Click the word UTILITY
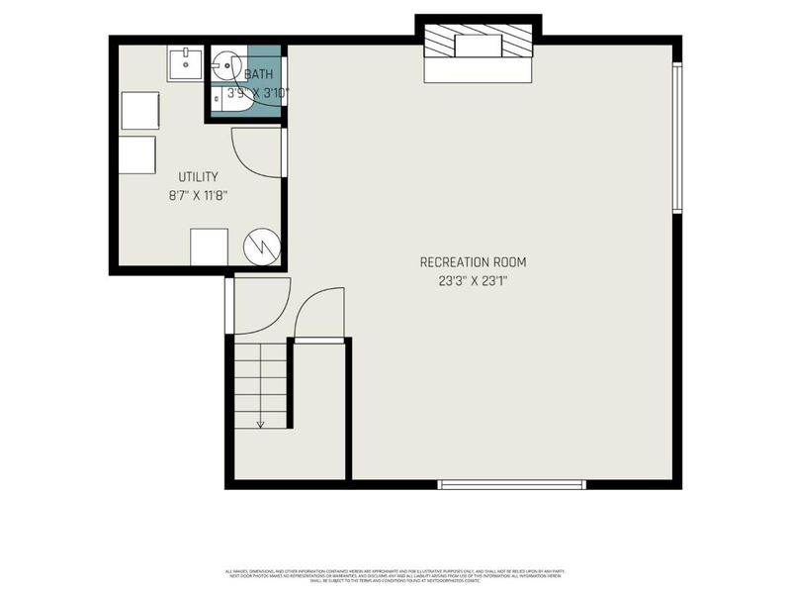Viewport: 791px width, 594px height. point(198,177)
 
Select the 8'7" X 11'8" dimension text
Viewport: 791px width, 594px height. point(198,196)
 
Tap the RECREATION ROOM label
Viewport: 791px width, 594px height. point(473,262)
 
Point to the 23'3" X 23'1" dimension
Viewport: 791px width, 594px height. point(473,281)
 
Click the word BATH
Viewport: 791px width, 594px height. point(259,74)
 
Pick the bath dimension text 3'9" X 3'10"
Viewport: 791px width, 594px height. point(257,93)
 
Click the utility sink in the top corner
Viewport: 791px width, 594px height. point(185,64)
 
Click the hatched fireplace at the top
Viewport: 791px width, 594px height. point(479,44)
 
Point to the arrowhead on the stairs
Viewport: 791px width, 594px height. point(261,423)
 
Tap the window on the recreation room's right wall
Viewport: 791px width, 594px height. point(677,139)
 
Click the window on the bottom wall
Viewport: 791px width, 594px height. point(512,484)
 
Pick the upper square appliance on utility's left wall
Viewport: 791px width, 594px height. point(140,110)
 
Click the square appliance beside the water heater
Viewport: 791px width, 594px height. point(209,247)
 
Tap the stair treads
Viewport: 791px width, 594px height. point(262,381)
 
